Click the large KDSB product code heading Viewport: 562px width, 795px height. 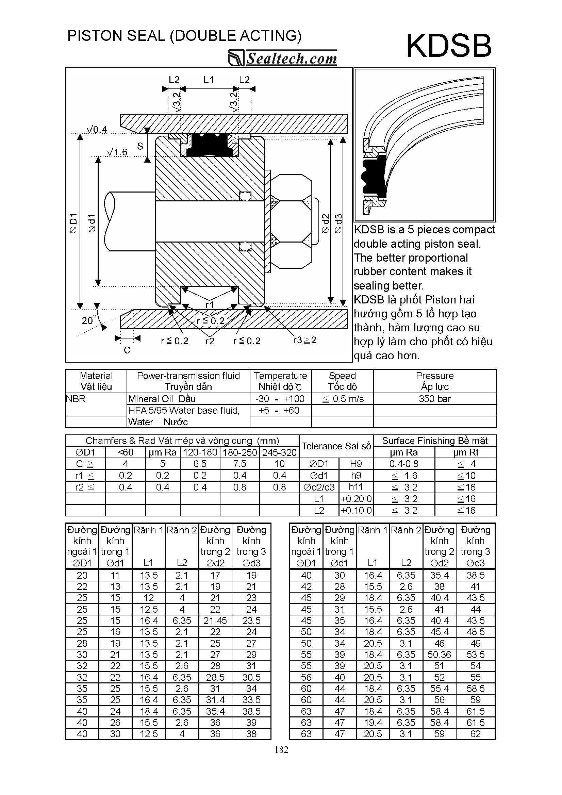[448, 46]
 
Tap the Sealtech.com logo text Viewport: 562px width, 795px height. [291, 58]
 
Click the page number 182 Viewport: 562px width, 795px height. [281, 750]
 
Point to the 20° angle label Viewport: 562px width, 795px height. [88, 320]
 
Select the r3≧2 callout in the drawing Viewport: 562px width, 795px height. [305, 340]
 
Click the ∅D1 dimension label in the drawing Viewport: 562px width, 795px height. [73, 223]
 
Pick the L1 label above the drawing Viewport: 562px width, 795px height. [209, 80]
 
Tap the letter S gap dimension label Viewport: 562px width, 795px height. [140, 146]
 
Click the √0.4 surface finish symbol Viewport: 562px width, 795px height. [97, 130]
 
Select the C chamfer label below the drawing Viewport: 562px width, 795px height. [127, 350]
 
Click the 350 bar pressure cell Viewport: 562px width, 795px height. [434, 399]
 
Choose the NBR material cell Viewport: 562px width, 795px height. [76, 399]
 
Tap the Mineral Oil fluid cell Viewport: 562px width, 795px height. [162, 399]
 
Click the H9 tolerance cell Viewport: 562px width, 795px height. [356, 464]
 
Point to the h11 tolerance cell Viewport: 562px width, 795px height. [356, 487]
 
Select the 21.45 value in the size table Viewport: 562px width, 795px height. [215, 620]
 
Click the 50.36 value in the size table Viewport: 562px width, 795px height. [439, 655]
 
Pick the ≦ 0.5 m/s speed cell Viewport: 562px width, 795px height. [343, 399]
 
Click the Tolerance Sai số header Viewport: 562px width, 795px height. [336, 446]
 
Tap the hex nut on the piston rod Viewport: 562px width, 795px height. [291, 221]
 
